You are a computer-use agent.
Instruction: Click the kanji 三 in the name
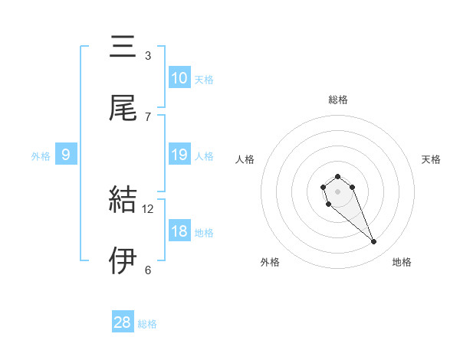click(x=123, y=47)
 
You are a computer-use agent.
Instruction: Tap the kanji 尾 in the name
click(x=123, y=108)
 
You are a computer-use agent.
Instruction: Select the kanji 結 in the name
click(x=123, y=200)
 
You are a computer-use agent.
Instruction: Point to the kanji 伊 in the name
click(x=123, y=261)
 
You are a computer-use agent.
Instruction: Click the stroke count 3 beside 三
click(x=148, y=55)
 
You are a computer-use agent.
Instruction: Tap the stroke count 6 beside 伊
click(x=148, y=270)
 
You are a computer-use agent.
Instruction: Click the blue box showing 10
click(x=179, y=78)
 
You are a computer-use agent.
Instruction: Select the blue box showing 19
click(x=179, y=155)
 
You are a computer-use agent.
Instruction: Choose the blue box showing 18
click(x=179, y=231)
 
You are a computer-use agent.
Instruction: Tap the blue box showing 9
click(x=66, y=155)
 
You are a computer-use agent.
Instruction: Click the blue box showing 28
click(x=123, y=322)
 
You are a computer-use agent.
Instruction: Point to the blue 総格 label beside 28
click(x=147, y=324)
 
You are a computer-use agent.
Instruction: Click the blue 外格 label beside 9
click(x=41, y=156)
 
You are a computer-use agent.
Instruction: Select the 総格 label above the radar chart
click(x=337, y=100)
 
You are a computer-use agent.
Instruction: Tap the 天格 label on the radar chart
click(x=431, y=159)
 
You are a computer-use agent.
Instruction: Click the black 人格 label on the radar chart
click(x=245, y=159)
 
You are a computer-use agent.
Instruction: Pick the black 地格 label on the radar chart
click(x=402, y=263)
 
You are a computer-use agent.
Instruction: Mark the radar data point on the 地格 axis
click(x=374, y=242)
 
